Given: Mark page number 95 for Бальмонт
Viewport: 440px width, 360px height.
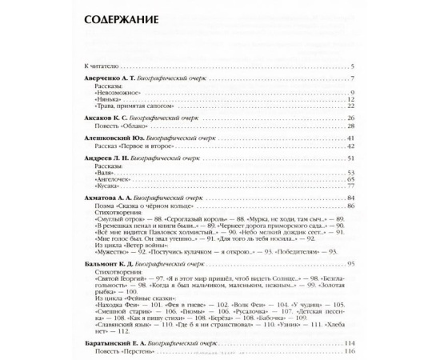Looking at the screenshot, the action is click(350, 263).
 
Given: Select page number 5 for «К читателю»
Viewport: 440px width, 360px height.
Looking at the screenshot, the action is click(352, 65).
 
